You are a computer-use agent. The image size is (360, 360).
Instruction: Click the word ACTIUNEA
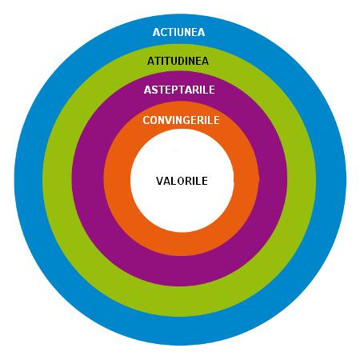coord(178,32)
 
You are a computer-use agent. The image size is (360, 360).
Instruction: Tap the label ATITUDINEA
coord(178,61)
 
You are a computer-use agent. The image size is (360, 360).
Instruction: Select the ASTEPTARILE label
coord(179,90)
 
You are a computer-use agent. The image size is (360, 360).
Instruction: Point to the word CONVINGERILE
coord(181,120)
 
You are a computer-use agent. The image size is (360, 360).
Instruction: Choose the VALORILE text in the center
coord(182,181)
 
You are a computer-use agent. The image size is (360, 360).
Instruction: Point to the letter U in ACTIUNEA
coord(181,32)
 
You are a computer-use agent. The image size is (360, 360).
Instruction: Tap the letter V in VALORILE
coord(160,181)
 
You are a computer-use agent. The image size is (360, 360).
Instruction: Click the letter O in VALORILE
coord(181,181)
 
